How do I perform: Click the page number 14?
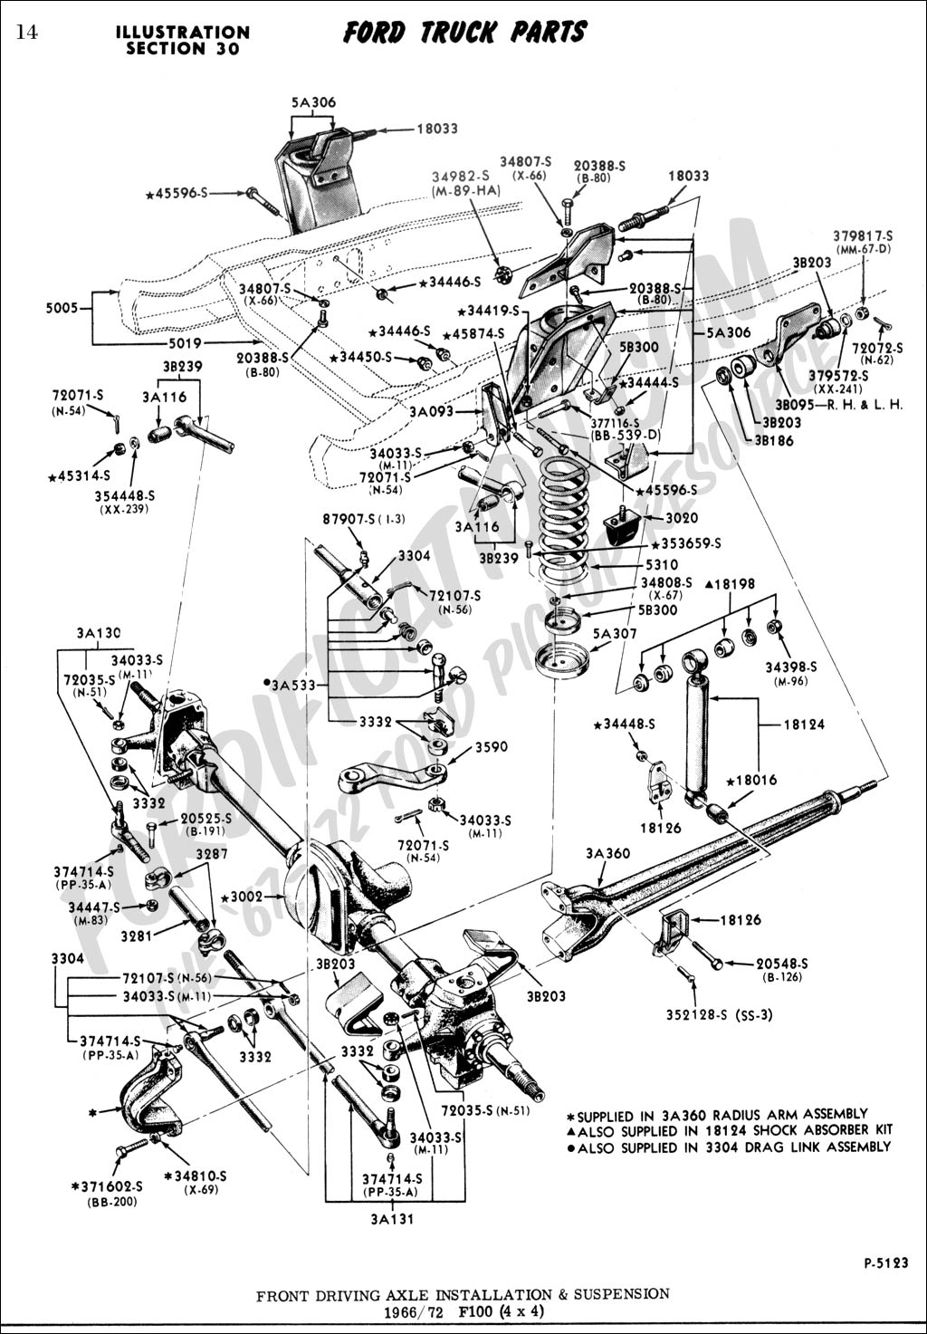tap(25, 33)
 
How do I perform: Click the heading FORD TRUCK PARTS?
tap(464, 34)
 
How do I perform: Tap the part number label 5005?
tap(62, 307)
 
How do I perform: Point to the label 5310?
tap(662, 564)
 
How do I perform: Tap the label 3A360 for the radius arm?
tap(607, 853)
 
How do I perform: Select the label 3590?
tap(492, 747)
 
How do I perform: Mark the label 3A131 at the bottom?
tap(391, 1218)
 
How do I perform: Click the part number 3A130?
tap(99, 633)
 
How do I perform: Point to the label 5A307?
tap(615, 633)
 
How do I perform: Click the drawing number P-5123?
tap(885, 1262)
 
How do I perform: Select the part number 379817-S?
tap(863, 236)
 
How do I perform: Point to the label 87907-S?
tap(351, 520)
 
